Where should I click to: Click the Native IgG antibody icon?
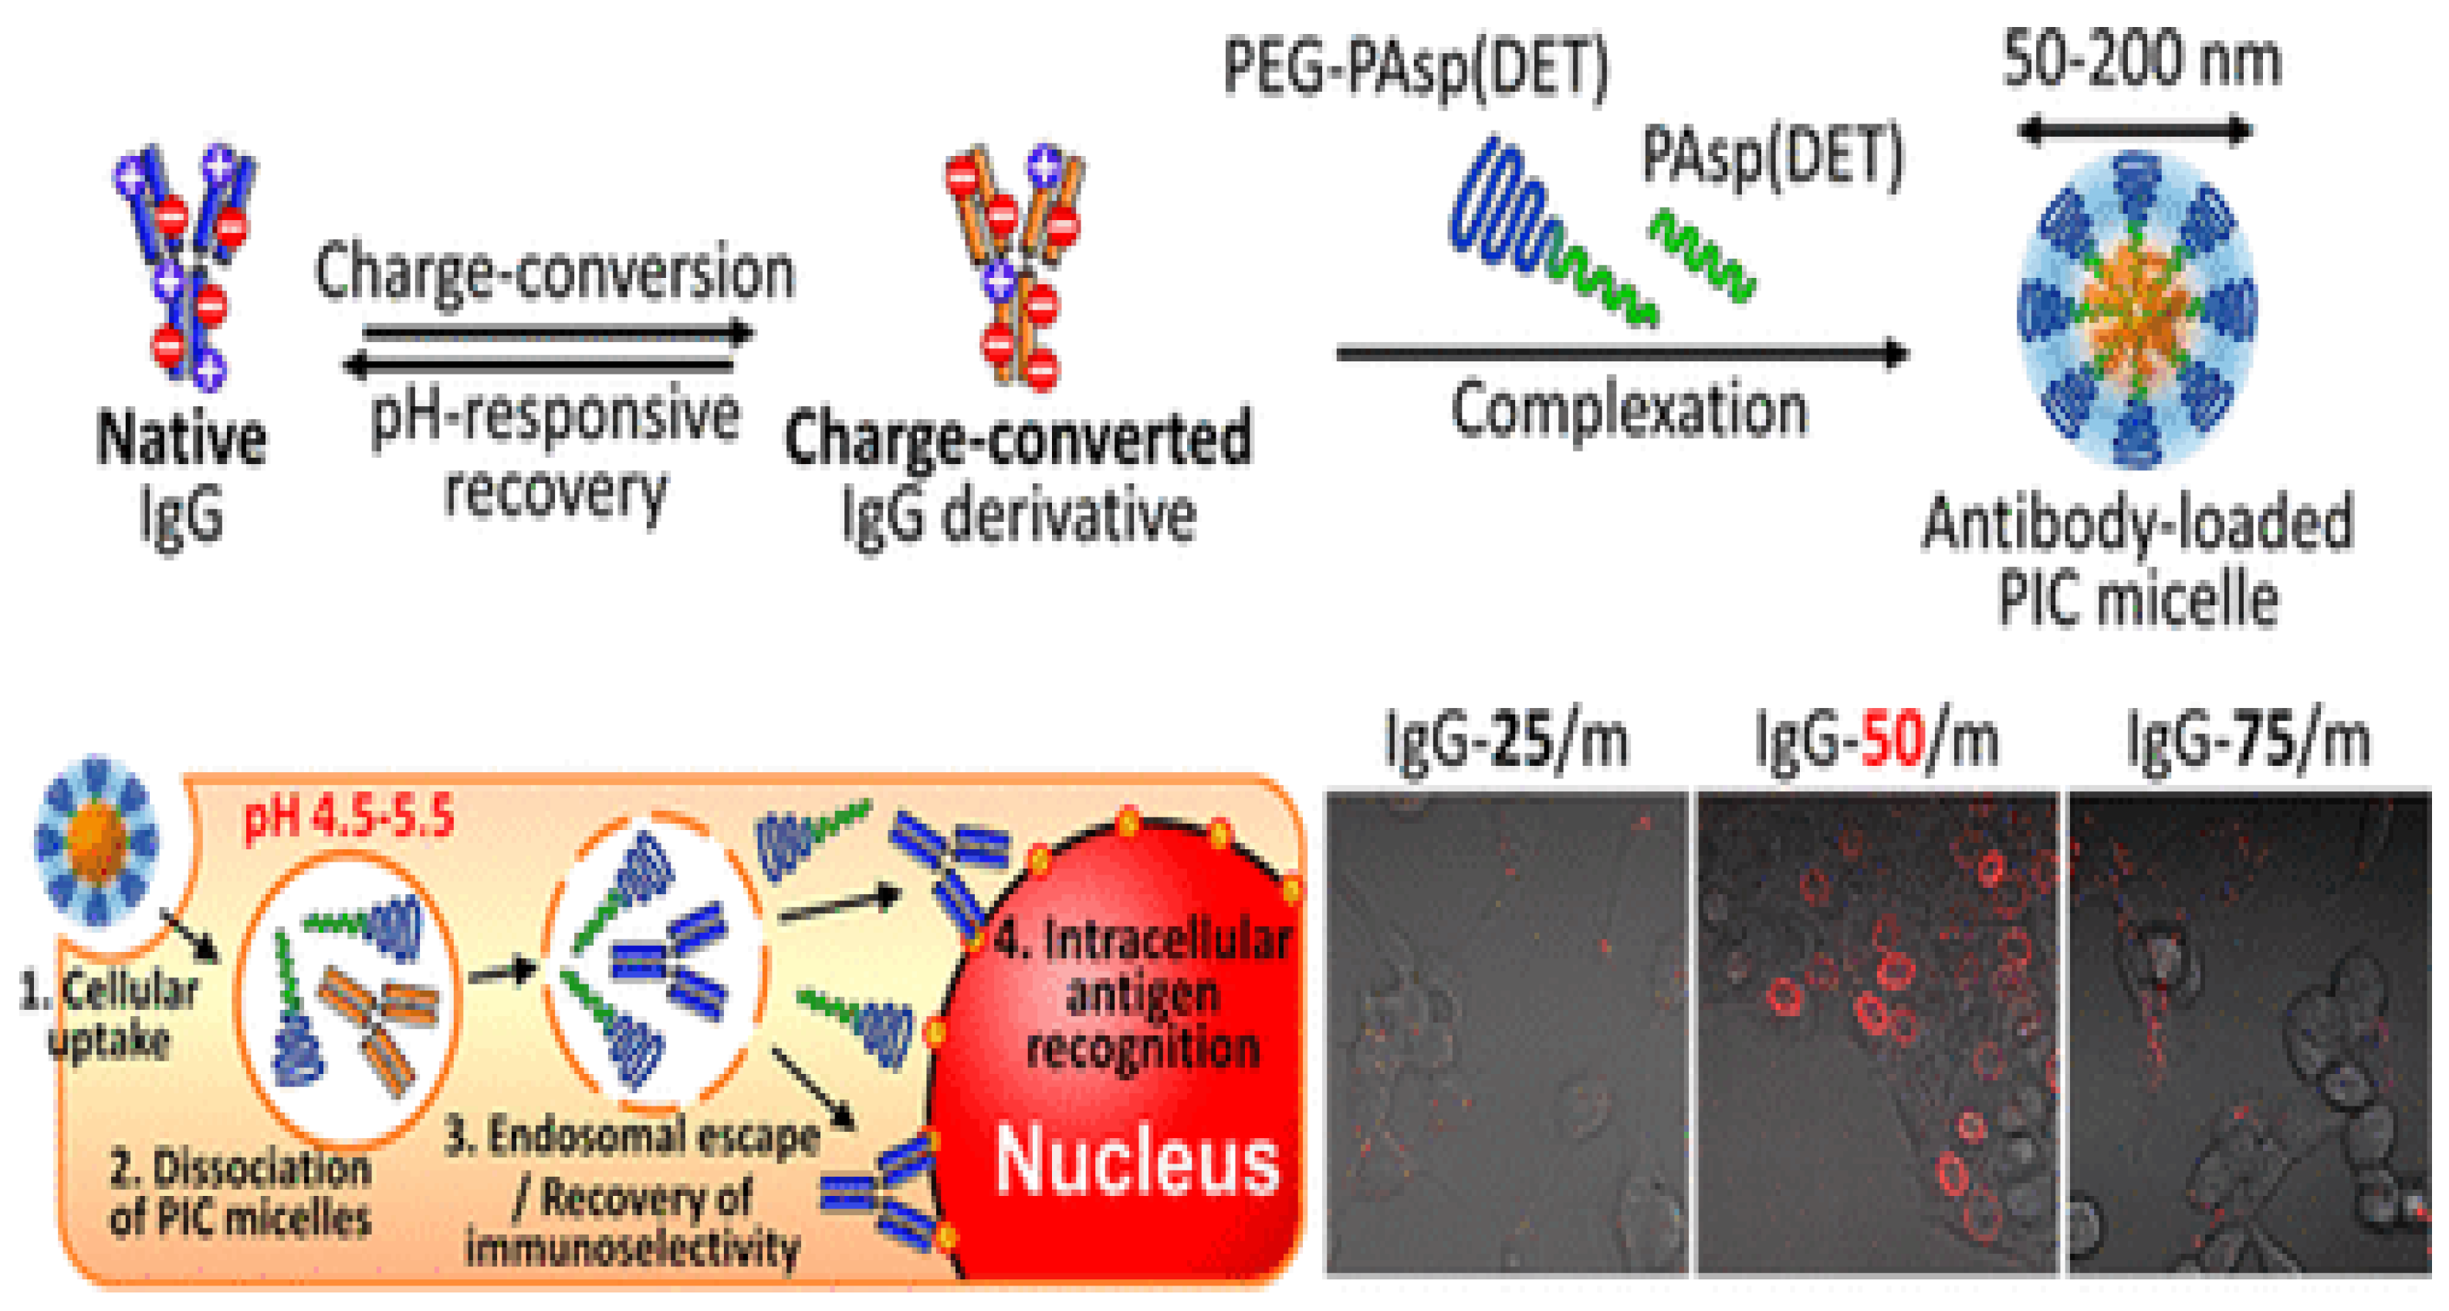pyautogui.click(x=185, y=266)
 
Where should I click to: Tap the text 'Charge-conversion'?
pyautogui.click(x=554, y=273)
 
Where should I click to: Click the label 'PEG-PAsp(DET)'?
pyautogui.click(x=1415, y=69)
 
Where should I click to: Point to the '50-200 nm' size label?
pyautogui.click(x=2141, y=59)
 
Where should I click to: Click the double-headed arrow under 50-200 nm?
pyautogui.click(x=2133, y=130)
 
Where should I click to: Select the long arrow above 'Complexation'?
pyautogui.click(x=1621, y=354)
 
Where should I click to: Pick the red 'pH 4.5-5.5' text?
pyautogui.click(x=349, y=818)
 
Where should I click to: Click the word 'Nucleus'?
pyautogui.click(x=1137, y=1162)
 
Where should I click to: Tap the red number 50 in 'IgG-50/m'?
pyautogui.click(x=1892, y=740)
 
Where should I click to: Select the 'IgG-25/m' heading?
pyautogui.click(x=1506, y=740)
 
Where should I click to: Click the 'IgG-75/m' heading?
pyautogui.click(x=2248, y=740)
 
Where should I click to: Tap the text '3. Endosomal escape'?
pyautogui.click(x=631, y=1136)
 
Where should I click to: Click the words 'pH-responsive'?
pyautogui.click(x=554, y=415)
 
